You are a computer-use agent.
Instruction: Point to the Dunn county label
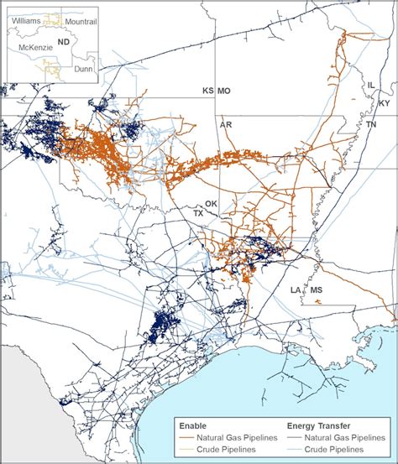[83, 69]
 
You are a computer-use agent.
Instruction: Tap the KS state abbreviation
[207, 91]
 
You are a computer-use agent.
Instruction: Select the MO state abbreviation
[224, 91]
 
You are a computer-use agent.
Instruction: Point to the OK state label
[211, 204]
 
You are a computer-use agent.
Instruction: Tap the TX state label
[199, 213]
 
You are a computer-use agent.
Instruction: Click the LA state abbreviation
[296, 290]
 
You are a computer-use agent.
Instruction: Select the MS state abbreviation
[316, 290]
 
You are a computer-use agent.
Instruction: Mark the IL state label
[371, 86]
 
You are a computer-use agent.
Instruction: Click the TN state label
[370, 124]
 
